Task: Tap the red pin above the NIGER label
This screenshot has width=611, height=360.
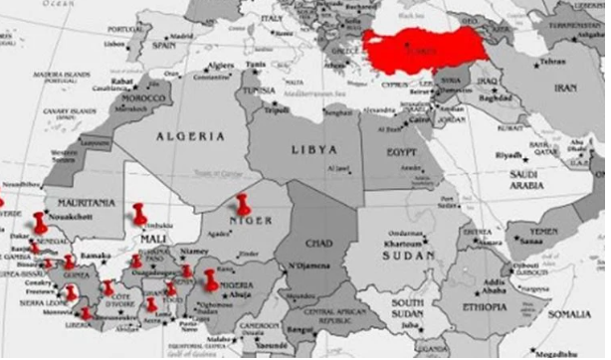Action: [243, 203]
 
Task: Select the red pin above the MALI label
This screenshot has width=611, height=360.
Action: [139, 212]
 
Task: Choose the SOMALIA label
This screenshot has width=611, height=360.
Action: [570, 313]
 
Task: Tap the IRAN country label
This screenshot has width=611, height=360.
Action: [565, 88]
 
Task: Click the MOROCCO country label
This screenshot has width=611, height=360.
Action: [141, 101]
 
